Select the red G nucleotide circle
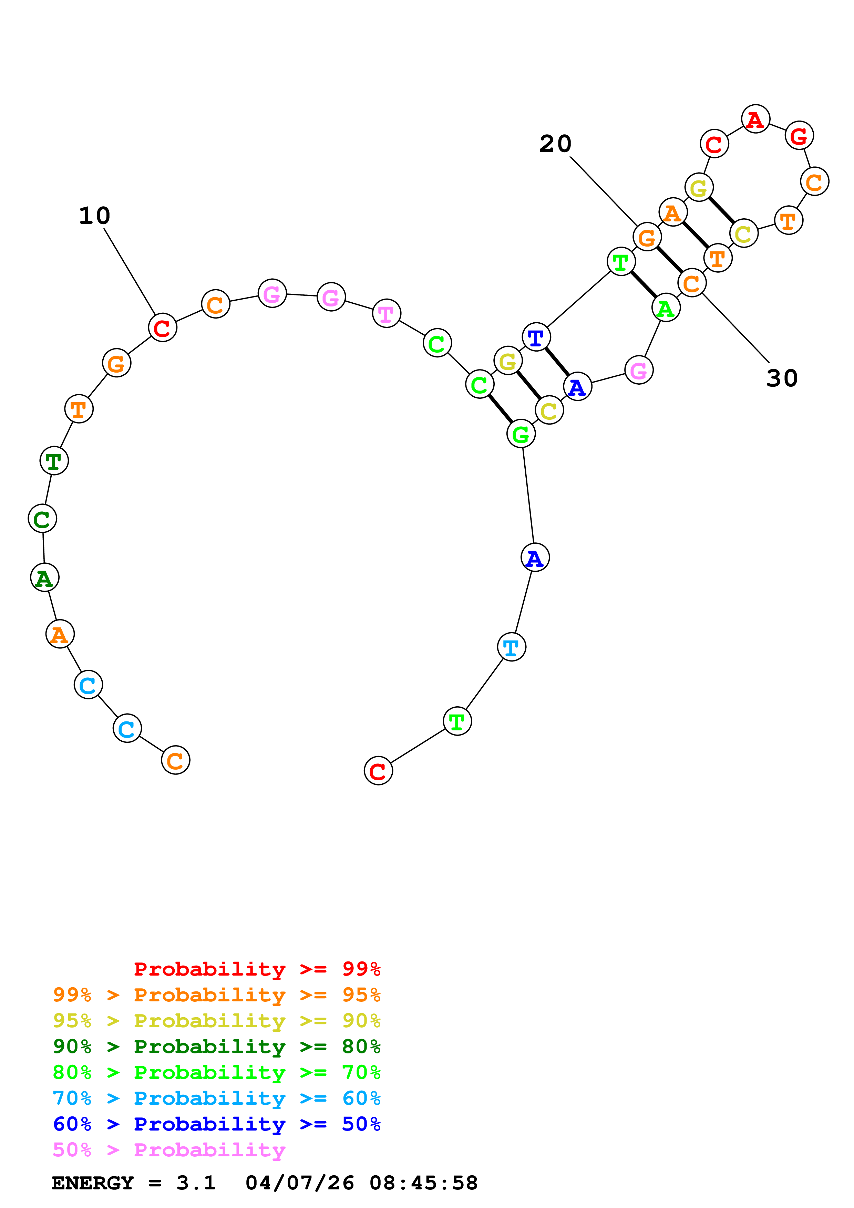(799, 136)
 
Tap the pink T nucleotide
(386, 314)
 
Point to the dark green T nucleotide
(54, 461)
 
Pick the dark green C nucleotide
(42, 519)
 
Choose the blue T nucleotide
(536, 337)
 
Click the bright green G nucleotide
(521, 434)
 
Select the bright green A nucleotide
(666, 308)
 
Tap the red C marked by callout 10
(162, 328)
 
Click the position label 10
(95, 216)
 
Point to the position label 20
(555, 144)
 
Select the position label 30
(782, 378)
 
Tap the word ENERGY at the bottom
(93, 1183)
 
